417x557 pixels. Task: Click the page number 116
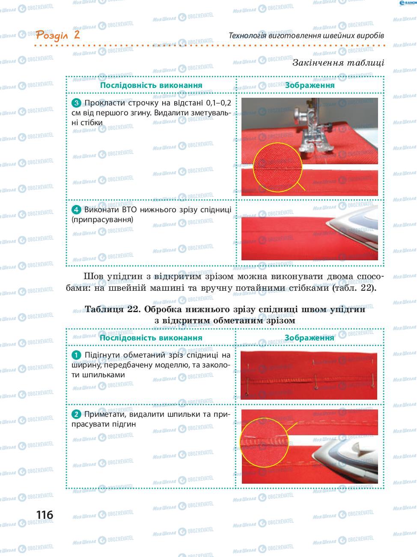coord(45,515)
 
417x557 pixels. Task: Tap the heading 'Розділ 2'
coord(58,35)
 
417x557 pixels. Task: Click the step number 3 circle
coord(76,103)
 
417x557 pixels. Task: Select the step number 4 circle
coord(76,210)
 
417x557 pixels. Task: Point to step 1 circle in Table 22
coord(76,355)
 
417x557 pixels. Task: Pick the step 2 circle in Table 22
coord(76,414)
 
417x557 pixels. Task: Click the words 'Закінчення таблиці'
coord(338,63)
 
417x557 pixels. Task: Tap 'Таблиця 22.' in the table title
coord(113,309)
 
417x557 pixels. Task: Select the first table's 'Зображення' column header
coord(310,85)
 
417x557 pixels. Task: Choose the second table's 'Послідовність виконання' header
coord(151,338)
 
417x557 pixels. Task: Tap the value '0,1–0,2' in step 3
coord(219,103)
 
